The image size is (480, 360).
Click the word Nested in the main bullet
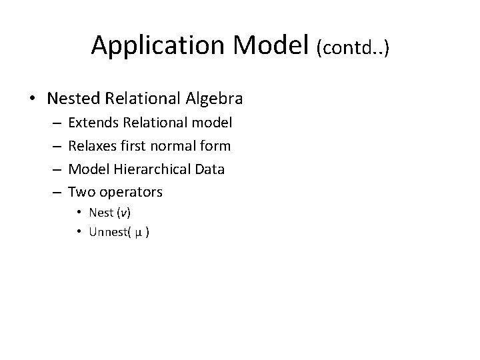click(x=71, y=99)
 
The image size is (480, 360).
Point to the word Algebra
click(x=214, y=99)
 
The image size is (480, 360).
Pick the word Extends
click(x=91, y=122)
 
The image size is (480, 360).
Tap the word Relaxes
click(x=91, y=145)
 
